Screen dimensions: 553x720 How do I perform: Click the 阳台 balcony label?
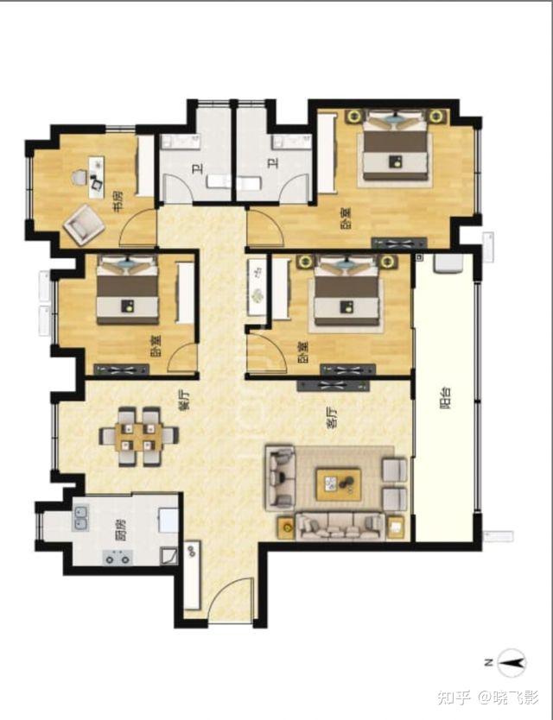(445, 398)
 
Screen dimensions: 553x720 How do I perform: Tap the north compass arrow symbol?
(512, 663)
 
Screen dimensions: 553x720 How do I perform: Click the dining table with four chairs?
(139, 436)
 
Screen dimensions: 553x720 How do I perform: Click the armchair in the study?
(84, 225)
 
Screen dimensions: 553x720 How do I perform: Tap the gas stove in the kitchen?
(117, 558)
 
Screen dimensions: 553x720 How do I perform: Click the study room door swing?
(133, 221)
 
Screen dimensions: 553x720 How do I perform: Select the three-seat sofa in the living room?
(340, 526)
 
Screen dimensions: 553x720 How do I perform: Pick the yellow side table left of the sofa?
(286, 527)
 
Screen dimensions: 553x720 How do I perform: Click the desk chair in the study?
(79, 177)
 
